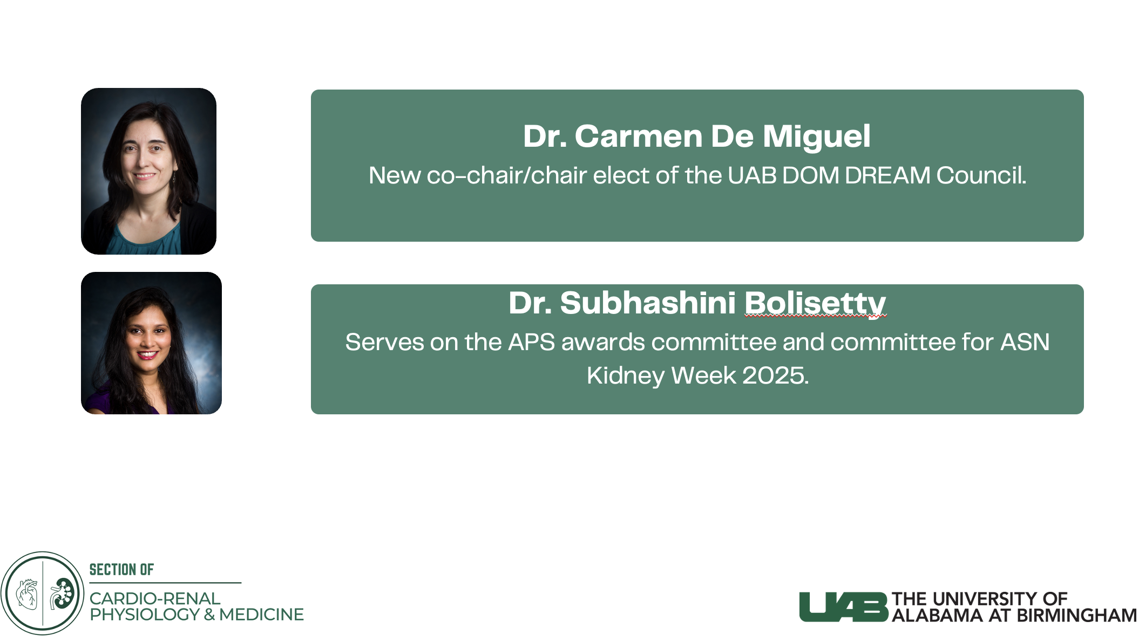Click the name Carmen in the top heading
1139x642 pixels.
(x=638, y=136)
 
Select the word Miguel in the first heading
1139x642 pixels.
(x=816, y=137)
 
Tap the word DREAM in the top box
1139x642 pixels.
(x=887, y=175)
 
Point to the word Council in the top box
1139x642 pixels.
(x=981, y=175)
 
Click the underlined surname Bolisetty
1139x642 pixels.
(x=815, y=303)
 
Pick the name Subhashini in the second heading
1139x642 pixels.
(x=648, y=303)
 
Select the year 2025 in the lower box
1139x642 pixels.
(x=775, y=375)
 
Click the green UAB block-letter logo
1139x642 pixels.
(x=844, y=607)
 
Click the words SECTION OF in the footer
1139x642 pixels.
(x=121, y=570)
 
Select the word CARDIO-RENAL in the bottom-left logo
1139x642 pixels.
(x=155, y=599)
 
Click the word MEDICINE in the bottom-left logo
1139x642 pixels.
(x=261, y=614)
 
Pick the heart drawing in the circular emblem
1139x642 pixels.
(x=27, y=594)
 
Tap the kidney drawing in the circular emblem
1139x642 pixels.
(x=62, y=593)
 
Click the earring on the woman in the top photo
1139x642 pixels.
(x=174, y=176)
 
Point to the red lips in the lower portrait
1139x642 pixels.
(x=147, y=354)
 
